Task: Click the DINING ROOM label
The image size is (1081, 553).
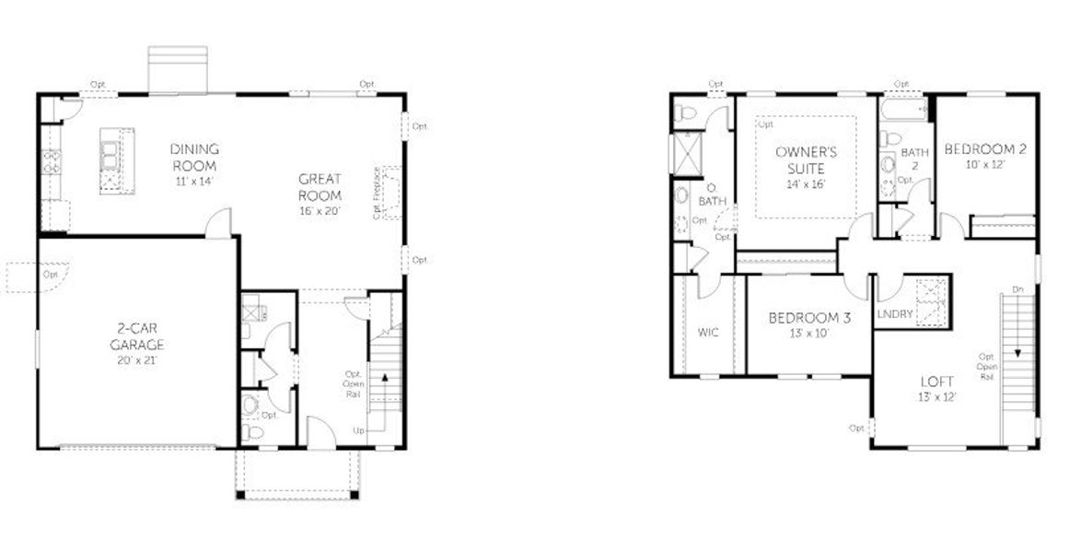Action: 194,157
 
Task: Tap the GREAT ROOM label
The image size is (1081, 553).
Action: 320,187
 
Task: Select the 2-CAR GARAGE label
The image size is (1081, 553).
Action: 140,335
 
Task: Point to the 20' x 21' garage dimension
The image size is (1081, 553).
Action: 140,359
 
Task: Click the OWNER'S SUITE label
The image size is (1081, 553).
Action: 806,159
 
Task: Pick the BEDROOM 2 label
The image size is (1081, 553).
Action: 985,149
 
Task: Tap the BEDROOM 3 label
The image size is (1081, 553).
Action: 809,318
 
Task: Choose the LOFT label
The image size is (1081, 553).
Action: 937,382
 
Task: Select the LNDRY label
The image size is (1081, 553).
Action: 895,314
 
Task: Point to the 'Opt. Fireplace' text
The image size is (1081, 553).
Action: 378,193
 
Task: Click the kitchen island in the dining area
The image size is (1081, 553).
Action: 116,160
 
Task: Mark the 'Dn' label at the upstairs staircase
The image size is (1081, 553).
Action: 1017,289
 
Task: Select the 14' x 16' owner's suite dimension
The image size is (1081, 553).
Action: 806,183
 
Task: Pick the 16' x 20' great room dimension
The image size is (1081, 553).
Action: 320,211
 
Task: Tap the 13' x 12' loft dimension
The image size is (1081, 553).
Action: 937,397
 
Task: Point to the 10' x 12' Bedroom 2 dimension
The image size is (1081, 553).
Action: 985,165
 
